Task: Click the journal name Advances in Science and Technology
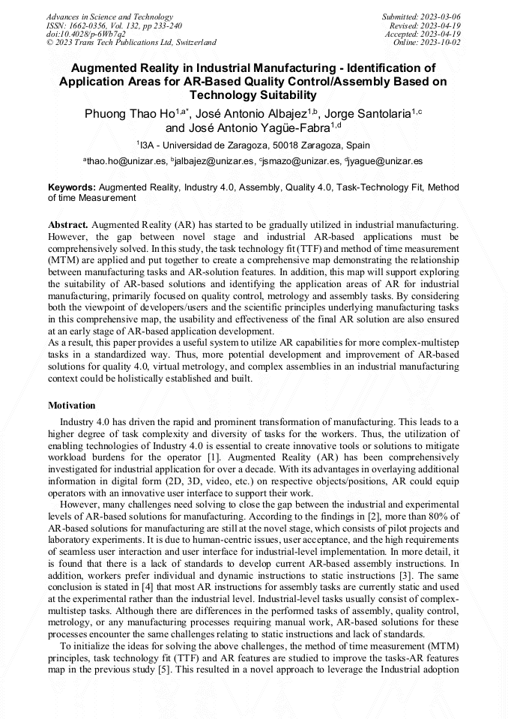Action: (x=109, y=16)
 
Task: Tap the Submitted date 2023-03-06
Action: (x=440, y=16)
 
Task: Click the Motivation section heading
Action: (x=72, y=405)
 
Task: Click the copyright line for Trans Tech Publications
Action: (x=131, y=43)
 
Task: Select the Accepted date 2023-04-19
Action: (x=440, y=34)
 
